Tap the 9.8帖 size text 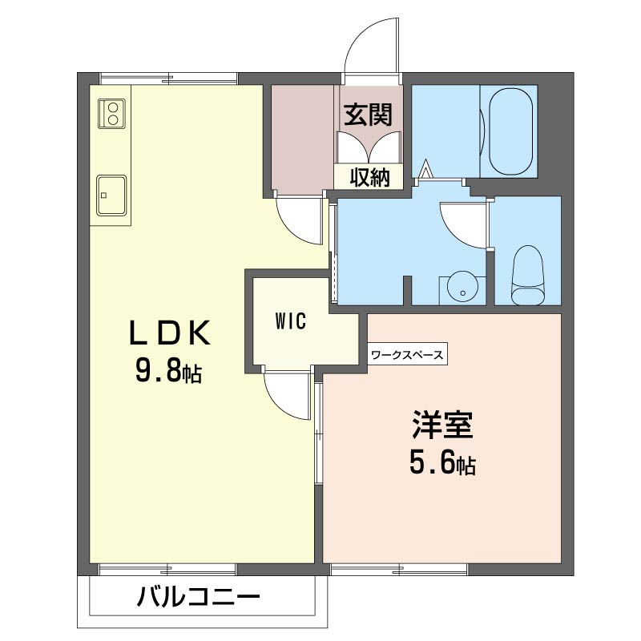pyautogui.click(x=168, y=371)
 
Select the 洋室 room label pyautogui.click(x=443, y=425)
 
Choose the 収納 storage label pyautogui.click(x=369, y=177)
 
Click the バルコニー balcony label pyautogui.click(x=198, y=598)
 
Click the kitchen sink pyautogui.click(x=110, y=194)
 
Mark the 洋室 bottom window pyautogui.click(x=399, y=569)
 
